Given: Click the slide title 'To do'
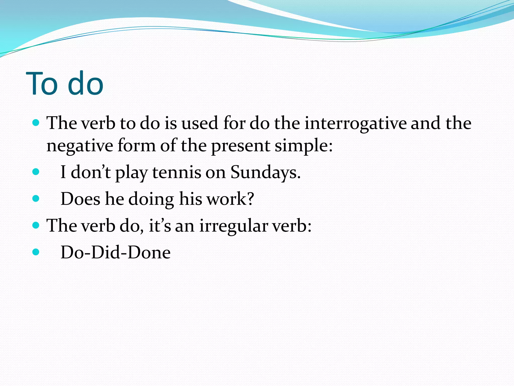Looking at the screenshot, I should (x=65, y=83).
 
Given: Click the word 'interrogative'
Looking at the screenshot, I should (x=355, y=124).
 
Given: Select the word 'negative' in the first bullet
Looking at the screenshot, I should (x=80, y=146).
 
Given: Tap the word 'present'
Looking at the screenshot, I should (x=240, y=146).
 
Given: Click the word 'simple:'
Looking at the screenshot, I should (x=304, y=146).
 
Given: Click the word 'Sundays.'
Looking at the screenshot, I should (x=265, y=172).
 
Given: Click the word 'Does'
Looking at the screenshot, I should (x=80, y=199).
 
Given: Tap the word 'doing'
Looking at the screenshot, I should (x=151, y=199).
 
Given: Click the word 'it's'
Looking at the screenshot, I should (x=160, y=226).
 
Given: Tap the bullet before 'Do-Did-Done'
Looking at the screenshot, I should (x=36, y=252).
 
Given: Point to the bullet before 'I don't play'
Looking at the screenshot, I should (x=36, y=172).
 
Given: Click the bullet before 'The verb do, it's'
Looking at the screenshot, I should (x=36, y=225).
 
